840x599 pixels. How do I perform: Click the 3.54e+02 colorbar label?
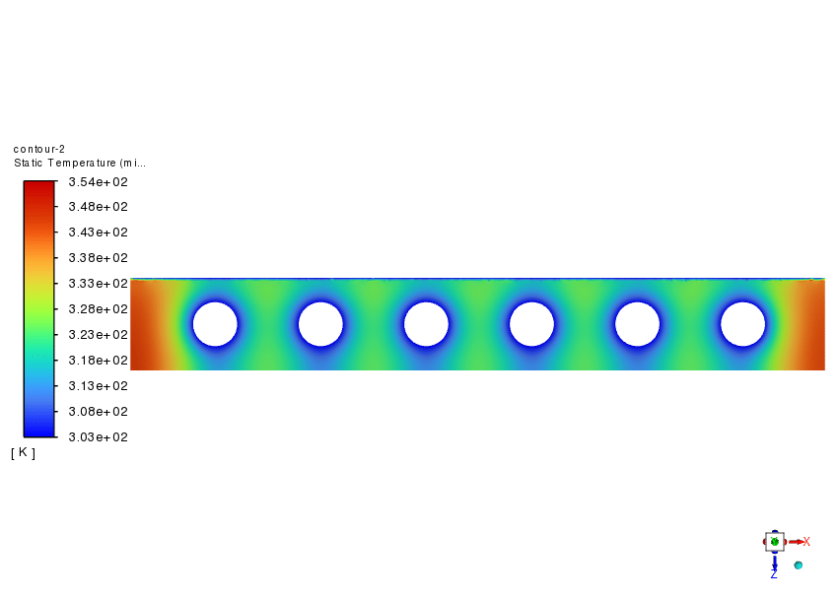(x=98, y=182)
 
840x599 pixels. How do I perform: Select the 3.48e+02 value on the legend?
(x=98, y=207)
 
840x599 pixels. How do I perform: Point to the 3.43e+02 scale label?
(x=98, y=233)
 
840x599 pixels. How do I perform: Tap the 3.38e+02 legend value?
(x=98, y=258)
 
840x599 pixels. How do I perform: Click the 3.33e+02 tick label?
(x=98, y=284)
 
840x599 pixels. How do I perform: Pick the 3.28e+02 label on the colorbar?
(x=98, y=309)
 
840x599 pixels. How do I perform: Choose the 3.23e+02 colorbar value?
(x=98, y=335)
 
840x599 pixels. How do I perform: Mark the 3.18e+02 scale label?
(x=98, y=361)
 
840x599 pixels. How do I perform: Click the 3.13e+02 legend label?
(x=98, y=386)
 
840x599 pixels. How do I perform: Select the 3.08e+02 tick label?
(x=98, y=412)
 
